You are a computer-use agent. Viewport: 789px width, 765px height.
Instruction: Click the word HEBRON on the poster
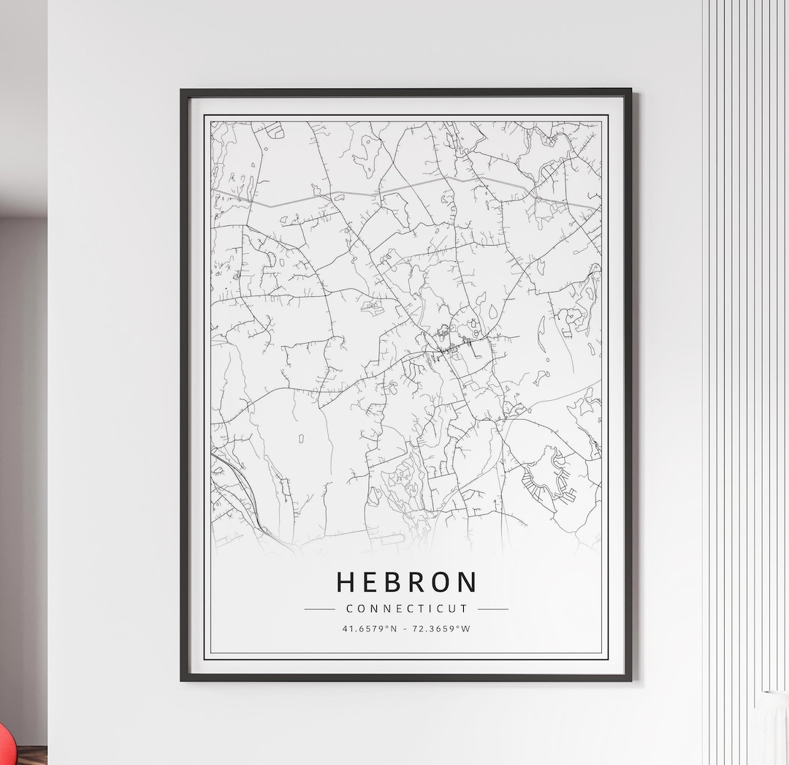[x=406, y=582]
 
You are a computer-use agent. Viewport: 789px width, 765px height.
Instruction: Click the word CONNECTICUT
[x=406, y=608]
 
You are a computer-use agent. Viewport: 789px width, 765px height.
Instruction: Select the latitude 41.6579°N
[x=370, y=628]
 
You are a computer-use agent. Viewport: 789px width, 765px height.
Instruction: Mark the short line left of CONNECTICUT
[x=319, y=608]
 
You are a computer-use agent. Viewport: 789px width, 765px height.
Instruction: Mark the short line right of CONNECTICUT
[x=493, y=608]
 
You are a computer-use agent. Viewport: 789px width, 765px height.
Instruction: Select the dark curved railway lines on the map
[x=237, y=486]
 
